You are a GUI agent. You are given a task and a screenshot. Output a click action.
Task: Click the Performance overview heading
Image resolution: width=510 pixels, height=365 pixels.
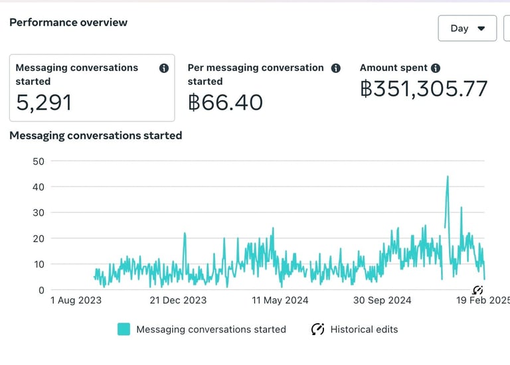coord(68,23)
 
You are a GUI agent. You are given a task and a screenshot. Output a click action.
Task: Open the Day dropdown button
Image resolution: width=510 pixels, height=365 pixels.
coord(467,29)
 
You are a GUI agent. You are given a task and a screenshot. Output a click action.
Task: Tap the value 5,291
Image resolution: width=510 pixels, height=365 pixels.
coord(44,102)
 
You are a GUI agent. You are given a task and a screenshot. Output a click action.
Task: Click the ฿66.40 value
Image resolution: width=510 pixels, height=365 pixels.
coord(225,102)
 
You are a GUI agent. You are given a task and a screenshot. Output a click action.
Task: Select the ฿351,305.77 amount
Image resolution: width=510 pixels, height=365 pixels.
coord(424,89)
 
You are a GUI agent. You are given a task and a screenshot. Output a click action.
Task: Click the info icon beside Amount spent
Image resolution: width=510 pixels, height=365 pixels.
coord(436,68)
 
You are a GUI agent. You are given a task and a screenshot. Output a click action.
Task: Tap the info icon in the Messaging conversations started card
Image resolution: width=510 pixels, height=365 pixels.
coord(163,68)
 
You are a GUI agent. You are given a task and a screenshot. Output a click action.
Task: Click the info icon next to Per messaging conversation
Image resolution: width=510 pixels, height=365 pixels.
coord(335,68)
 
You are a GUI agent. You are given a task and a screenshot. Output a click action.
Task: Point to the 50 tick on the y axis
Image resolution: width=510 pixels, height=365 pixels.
coord(38,161)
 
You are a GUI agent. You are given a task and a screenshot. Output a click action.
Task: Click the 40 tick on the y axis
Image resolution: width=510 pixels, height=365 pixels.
coord(38,187)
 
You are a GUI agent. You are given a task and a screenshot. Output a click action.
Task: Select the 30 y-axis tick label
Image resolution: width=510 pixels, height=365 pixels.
coord(38,213)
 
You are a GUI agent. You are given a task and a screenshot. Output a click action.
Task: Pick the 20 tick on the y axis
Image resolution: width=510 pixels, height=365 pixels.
coord(38,238)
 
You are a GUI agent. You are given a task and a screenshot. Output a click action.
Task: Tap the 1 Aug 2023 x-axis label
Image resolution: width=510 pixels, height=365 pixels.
coord(76,301)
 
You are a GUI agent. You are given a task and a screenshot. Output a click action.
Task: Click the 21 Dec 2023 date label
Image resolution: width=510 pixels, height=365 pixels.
coord(177,301)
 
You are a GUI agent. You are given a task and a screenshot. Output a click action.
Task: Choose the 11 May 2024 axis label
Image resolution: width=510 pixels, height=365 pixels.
coord(280,301)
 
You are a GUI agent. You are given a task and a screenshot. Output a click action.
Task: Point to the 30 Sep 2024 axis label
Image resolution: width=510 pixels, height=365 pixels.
coord(382,301)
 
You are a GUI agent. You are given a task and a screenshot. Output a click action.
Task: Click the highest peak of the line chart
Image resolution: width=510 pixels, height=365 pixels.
coord(448,177)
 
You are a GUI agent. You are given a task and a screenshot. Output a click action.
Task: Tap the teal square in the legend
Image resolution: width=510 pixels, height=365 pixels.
coord(124,329)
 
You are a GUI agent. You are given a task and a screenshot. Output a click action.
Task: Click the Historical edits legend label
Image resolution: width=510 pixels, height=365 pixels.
coord(364,329)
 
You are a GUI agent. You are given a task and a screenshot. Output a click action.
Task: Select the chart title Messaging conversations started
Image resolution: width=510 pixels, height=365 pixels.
coord(96,135)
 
